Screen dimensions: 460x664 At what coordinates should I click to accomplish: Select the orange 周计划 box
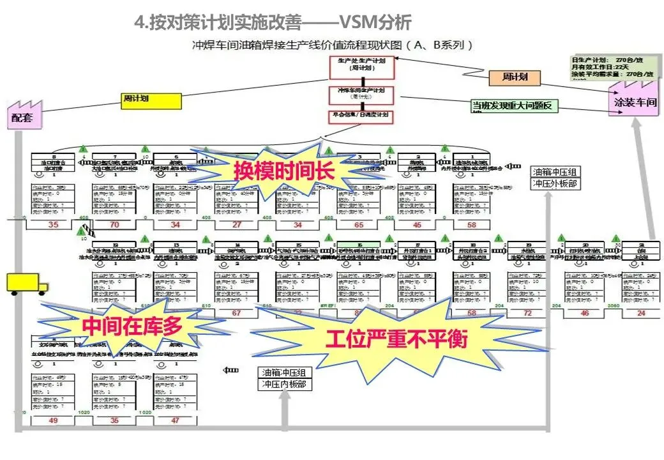click(513, 78)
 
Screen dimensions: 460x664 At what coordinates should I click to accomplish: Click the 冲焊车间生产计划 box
click(361, 95)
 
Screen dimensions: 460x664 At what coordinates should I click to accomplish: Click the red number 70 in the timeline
click(115, 225)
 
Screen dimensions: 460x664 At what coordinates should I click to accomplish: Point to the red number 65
click(359, 225)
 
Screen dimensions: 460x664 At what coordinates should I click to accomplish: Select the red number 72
click(528, 313)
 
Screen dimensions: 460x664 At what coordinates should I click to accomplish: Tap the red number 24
click(640, 313)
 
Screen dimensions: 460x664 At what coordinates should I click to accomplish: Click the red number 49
click(53, 420)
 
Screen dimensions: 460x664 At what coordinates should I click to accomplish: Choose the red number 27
click(237, 225)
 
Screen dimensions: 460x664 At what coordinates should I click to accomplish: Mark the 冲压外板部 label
click(555, 184)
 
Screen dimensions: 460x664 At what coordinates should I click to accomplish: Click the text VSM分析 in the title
click(374, 22)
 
